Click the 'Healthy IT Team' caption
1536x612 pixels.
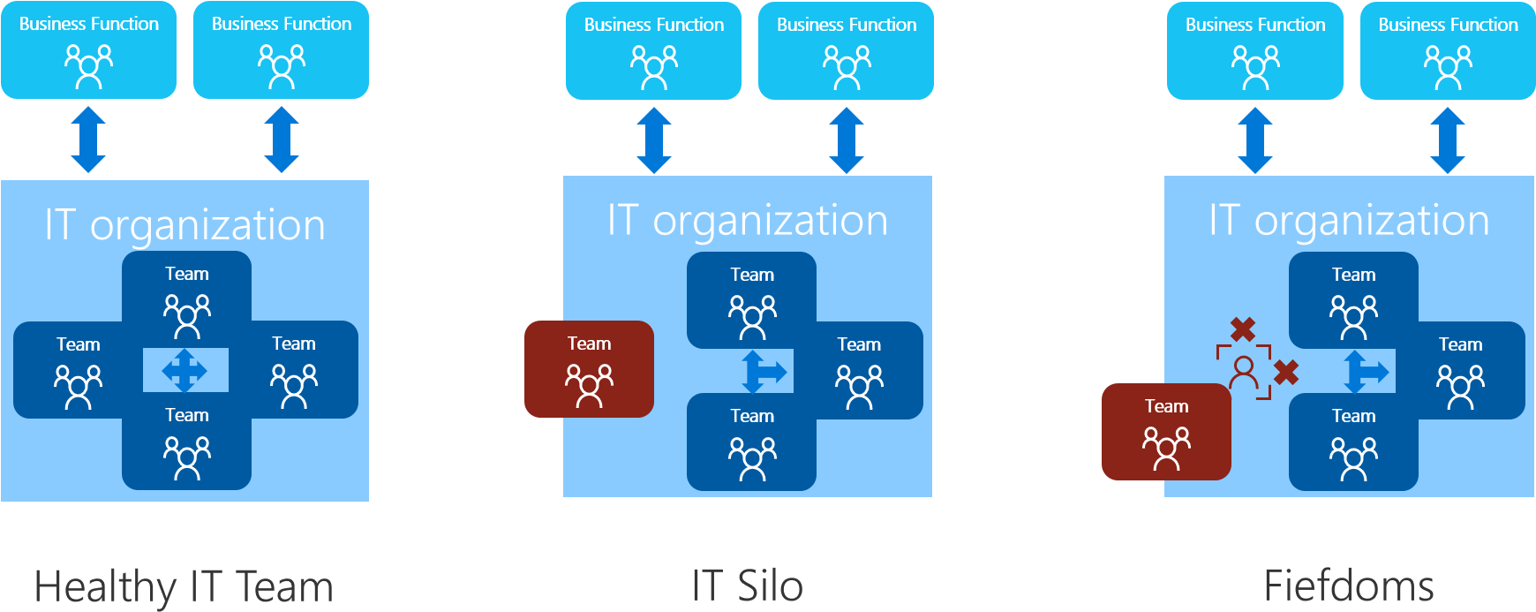(x=184, y=587)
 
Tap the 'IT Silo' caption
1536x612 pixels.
(x=747, y=586)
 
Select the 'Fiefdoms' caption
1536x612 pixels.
(x=1348, y=586)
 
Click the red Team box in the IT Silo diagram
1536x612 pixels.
(x=589, y=369)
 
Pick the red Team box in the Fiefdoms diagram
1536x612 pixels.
(x=1166, y=432)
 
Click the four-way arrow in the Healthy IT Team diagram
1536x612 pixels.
(x=184, y=370)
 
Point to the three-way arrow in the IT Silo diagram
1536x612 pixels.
(x=763, y=372)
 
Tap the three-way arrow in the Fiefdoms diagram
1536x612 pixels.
(x=1365, y=372)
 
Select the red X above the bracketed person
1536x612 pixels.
(x=1243, y=329)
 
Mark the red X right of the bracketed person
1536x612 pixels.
(x=1286, y=373)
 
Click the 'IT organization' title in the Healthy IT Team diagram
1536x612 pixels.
(x=184, y=225)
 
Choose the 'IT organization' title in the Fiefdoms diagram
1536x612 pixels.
(x=1349, y=221)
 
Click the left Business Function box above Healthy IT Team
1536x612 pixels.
(x=88, y=50)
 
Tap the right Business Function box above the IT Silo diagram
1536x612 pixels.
(x=846, y=51)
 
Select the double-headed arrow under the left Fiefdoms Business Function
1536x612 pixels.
(x=1254, y=140)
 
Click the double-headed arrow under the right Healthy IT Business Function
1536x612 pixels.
(x=281, y=140)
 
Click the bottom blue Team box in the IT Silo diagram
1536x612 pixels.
(x=751, y=442)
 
